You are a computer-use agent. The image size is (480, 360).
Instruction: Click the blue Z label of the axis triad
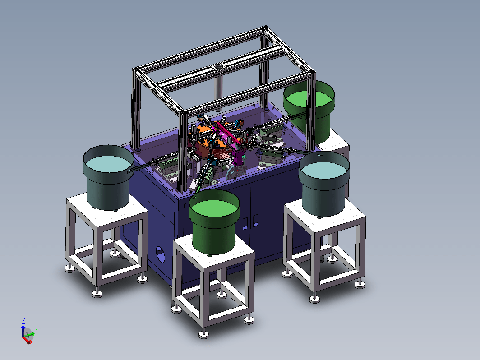[x=23, y=321]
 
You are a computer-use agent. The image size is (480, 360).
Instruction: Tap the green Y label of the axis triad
[x=37, y=330]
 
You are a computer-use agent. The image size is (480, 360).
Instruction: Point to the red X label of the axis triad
[x=31, y=342]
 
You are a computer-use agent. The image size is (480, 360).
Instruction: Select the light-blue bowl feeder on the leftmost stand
[x=108, y=178]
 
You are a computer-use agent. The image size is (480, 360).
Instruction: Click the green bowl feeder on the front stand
[x=214, y=222]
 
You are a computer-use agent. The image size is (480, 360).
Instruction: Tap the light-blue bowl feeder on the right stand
[x=324, y=184]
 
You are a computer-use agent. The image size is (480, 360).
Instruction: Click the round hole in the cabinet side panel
[x=160, y=254]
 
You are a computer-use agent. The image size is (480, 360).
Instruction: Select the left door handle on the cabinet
[x=245, y=223]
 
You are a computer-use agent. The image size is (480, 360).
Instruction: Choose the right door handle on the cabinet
[x=255, y=221]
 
